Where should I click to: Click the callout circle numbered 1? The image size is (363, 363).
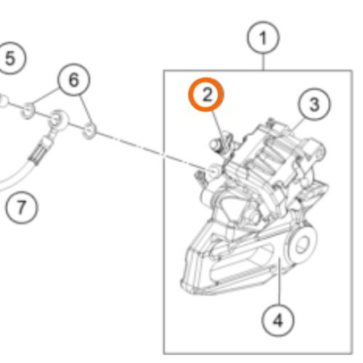[264, 38]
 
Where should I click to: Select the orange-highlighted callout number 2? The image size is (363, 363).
[206, 94]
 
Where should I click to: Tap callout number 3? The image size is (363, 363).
[314, 105]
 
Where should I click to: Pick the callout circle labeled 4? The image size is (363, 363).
[278, 321]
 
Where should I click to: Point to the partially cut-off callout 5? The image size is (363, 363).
[11, 58]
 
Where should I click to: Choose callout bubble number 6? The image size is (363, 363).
[74, 80]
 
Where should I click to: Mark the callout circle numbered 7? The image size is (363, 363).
[22, 208]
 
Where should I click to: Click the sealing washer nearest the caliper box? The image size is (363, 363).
[89, 131]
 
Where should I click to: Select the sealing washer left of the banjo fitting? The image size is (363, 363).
[28, 111]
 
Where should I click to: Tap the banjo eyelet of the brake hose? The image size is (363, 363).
[57, 119]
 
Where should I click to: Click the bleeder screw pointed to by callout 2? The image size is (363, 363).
[221, 143]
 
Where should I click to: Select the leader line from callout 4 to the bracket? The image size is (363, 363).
[279, 282]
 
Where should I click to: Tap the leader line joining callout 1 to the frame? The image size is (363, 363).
[264, 62]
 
